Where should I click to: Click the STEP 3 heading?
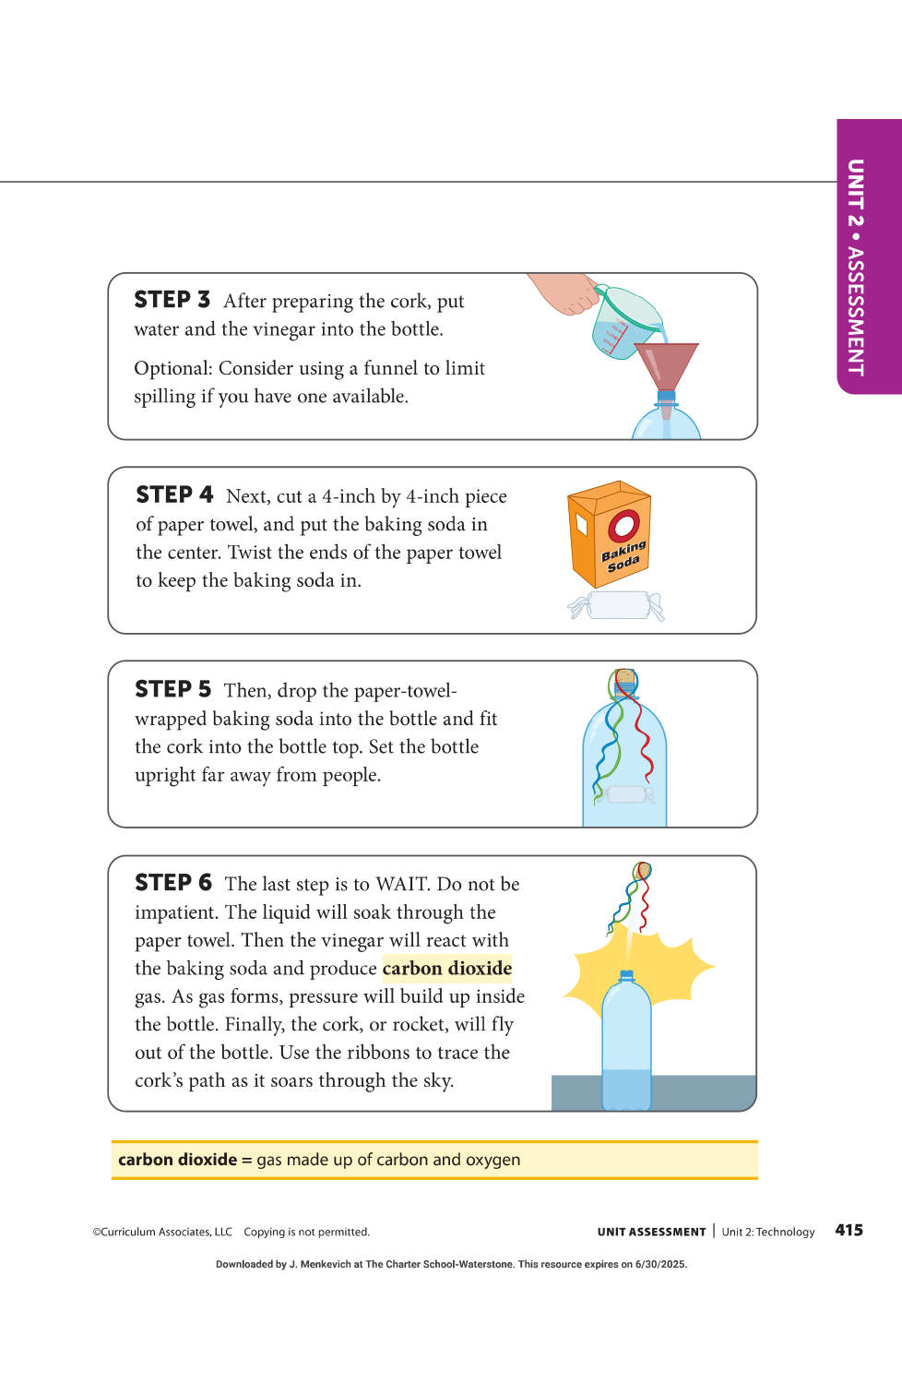172,299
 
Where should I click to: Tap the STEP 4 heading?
174,494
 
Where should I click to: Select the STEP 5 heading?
173,689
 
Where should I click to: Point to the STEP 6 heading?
173,883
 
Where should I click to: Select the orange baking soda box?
610,534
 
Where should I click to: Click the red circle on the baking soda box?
623,526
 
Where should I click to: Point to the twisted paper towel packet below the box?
616,605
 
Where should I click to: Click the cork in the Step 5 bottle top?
626,677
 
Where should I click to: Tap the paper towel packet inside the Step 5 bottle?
624,794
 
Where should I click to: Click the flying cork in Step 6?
643,870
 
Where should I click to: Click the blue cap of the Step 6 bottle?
626,975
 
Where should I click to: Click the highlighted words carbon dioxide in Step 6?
446,969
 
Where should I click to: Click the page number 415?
849,1230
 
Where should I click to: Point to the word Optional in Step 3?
173,368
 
